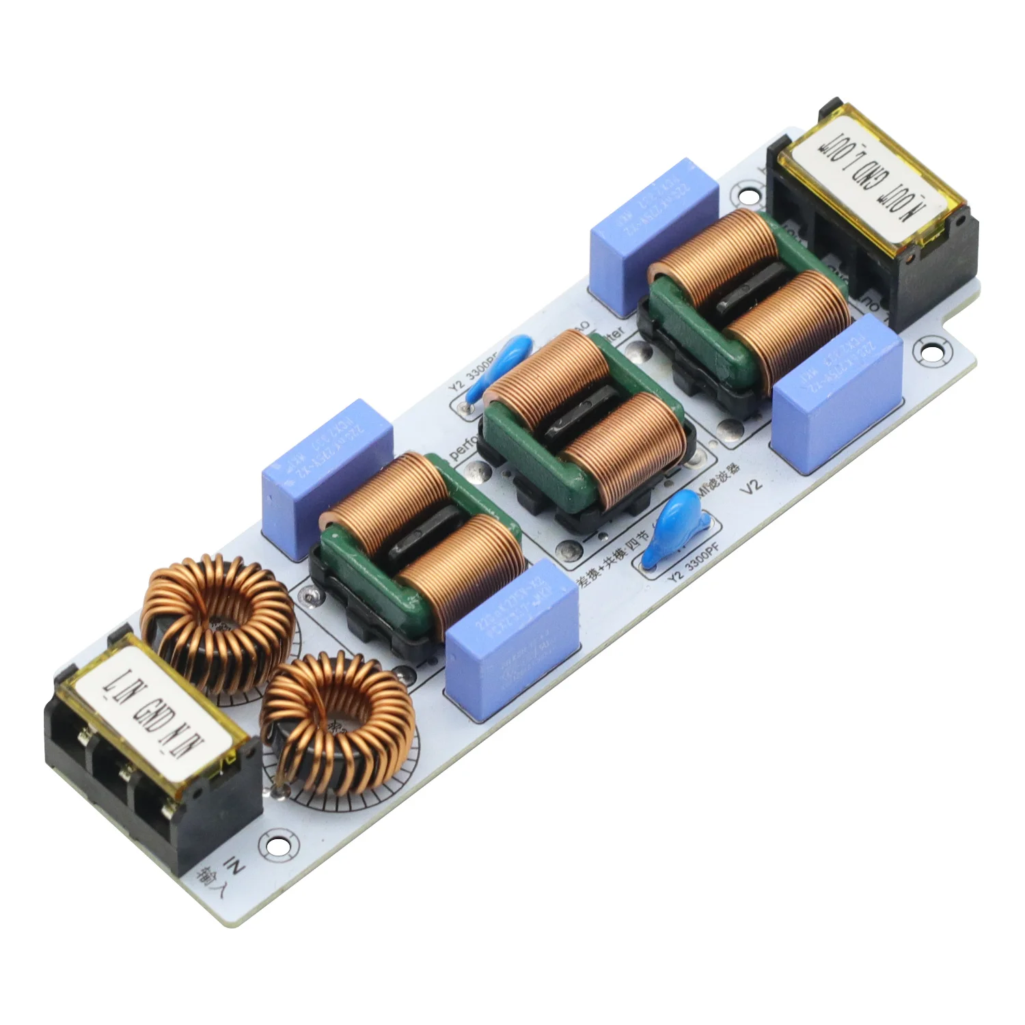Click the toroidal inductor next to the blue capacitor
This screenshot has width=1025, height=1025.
[219, 625]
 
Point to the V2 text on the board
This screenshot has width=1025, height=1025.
[750, 487]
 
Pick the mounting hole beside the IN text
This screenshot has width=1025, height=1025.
[278, 845]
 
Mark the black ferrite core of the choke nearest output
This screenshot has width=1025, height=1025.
[752, 287]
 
